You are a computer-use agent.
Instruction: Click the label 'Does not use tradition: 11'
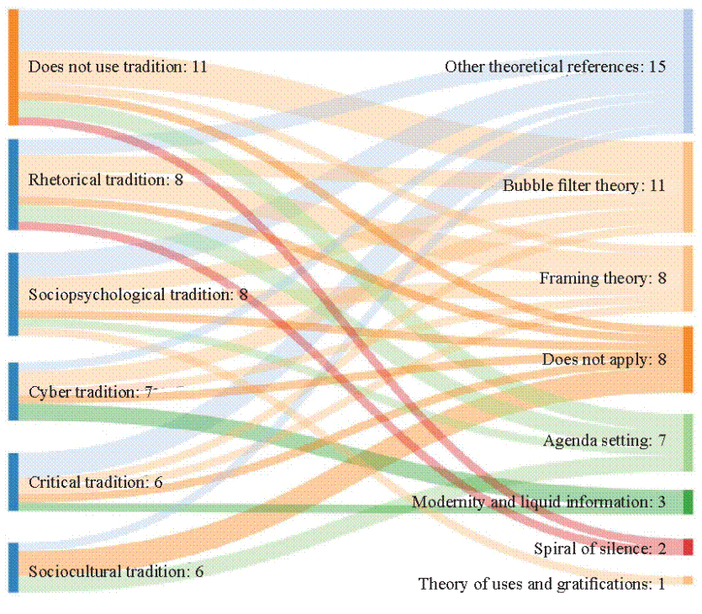click(x=118, y=66)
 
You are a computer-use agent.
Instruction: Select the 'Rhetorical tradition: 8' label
click(x=106, y=179)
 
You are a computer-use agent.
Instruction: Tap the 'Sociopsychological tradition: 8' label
click(x=138, y=294)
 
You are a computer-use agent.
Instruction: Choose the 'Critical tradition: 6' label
click(x=96, y=482)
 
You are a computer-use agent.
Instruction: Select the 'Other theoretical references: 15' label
click(x=555, y=66)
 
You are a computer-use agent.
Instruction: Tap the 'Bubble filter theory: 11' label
click(x=584, y=185)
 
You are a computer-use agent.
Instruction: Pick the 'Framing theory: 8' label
click(x=603, y=278)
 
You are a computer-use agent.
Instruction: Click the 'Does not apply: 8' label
click(x=604, y=359)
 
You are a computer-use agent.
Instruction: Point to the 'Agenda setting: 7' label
click(x=604, y=440)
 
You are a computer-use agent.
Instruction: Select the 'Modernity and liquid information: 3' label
click(x=538, y=502)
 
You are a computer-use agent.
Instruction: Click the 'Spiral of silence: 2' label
click(x=599, y=548)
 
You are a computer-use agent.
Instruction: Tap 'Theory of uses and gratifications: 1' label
click(x=541, y=584)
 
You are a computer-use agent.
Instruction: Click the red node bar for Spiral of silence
click(x=688, y=547)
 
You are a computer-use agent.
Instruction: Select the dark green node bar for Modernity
click(x=688, y=501)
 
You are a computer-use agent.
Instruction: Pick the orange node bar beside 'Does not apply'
click(x=688, y=359)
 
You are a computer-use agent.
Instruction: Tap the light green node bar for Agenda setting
click(x=688, y=442)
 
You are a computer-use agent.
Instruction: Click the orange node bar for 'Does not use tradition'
click(x=13, y=67)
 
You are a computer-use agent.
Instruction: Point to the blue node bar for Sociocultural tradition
click(x=13, y=567)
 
